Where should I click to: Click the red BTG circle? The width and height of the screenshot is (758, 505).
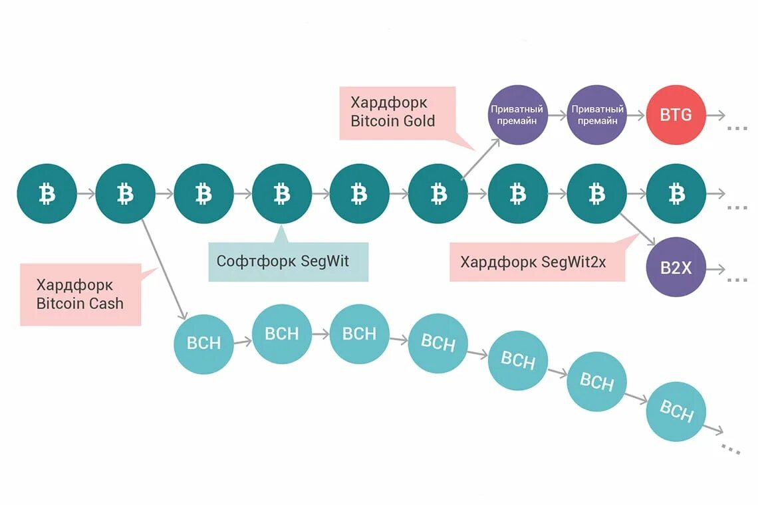click(x=676, y=115)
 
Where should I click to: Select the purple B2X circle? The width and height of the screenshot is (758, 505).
click(x=676, y=267)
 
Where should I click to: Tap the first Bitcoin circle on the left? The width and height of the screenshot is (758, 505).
click(x=47, y=194)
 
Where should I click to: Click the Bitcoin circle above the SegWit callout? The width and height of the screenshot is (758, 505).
click(x=282, y=194)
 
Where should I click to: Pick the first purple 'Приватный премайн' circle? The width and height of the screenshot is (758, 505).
click(x=517, y=115)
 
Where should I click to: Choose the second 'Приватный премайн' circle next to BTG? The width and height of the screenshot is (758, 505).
click(x=596, y=115)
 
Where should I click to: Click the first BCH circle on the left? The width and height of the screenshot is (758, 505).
click(x=203, y=344)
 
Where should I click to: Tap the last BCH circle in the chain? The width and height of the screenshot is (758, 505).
click(x=676, y=411)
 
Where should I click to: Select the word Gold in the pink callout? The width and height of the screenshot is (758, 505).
click(x=419, y=121)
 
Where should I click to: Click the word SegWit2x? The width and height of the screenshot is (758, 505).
click(x=573, y=261)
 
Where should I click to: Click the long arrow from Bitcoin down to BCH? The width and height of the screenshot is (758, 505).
click(x=164, y=270)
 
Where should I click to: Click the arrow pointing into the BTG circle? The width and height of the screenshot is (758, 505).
click(x=636, y=115)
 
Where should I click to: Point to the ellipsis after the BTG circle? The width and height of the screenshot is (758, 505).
click(x=737, y=128)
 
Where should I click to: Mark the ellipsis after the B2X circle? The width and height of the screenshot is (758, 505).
click(x=737, y=280)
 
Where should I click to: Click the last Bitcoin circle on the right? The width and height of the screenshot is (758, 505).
click(x=676, y=194)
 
